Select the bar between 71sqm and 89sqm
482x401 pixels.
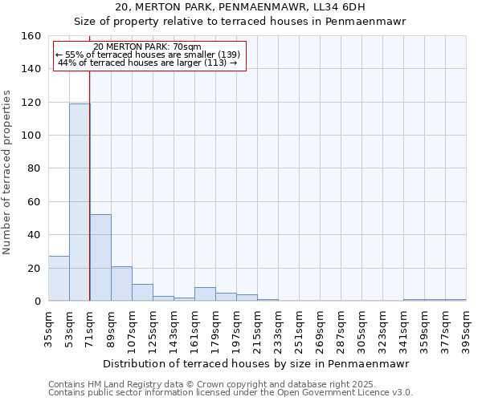click(x=100, y=257)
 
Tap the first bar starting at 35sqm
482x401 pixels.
click(x=59, y=278)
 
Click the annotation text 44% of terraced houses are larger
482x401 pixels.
click(x=148, y=63)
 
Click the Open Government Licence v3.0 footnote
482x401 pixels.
click(x=230, y=393)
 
